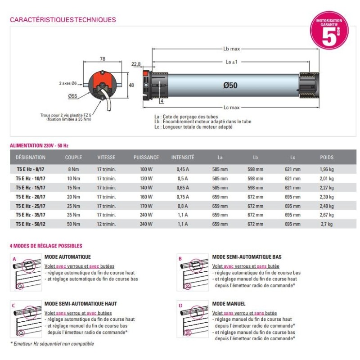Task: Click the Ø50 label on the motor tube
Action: coord(229,85)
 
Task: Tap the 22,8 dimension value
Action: coord(136,64)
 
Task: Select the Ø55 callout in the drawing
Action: coord(73,96)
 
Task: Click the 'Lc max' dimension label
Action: coord(231,108)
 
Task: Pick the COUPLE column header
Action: coord(73,157)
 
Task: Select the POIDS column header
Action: coord(327,157)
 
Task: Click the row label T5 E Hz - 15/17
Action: coord(31,188)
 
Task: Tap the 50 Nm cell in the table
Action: coord(73,224)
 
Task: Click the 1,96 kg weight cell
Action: coord(327,170)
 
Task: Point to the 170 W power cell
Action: coord(146,206)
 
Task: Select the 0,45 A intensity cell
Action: coord(183,170)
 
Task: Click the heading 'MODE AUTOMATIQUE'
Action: coord(67,257)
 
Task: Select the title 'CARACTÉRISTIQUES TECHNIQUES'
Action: coord(63,20)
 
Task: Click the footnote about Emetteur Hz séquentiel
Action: coord(52,344)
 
